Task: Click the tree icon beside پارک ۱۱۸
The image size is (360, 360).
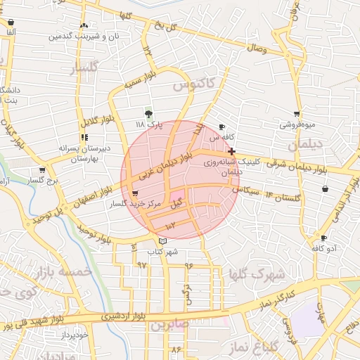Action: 148,113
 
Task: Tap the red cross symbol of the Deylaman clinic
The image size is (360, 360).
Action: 232,151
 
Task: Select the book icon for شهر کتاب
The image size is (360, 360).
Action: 163,242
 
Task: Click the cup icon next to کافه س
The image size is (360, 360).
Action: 223,127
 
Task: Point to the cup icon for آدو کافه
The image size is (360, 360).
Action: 323,238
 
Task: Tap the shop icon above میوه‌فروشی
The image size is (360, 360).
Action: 297,114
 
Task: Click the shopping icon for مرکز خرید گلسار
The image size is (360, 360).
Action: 135,194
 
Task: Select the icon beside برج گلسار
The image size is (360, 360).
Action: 42,170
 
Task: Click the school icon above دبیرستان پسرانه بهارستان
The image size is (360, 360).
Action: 84,138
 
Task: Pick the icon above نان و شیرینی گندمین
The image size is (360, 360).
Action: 84,25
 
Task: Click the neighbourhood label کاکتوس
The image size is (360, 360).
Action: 192,84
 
